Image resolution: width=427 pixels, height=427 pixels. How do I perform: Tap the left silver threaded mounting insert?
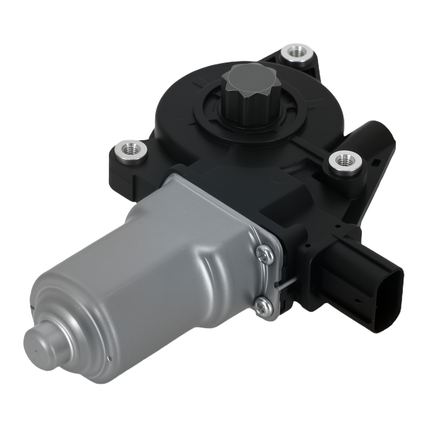point(131,150)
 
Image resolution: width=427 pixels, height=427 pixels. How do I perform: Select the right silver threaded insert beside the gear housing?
point(342,161)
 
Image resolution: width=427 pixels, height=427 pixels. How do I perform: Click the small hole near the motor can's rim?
point(110,359)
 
